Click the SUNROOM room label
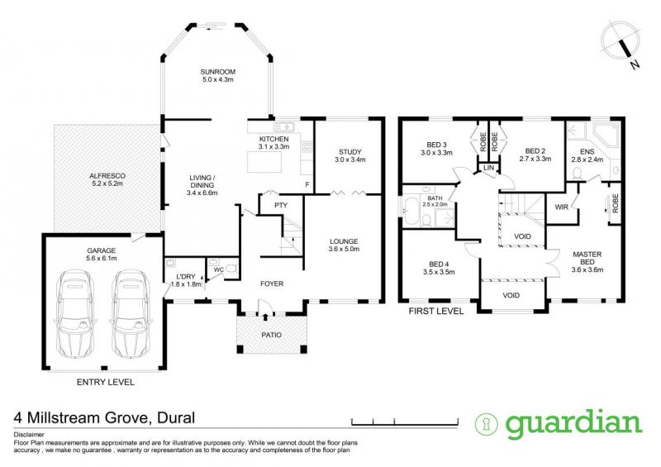217,72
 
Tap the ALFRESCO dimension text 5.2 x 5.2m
107,183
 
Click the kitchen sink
284,126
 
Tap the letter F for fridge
307,184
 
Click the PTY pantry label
281,206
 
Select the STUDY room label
350,152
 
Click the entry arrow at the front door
265,317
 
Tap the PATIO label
272,335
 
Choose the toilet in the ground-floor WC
231,268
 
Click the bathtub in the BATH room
409,210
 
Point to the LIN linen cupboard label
488,168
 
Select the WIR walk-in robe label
562,207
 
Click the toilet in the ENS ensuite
577,173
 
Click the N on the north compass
635,64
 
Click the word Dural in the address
176,417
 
